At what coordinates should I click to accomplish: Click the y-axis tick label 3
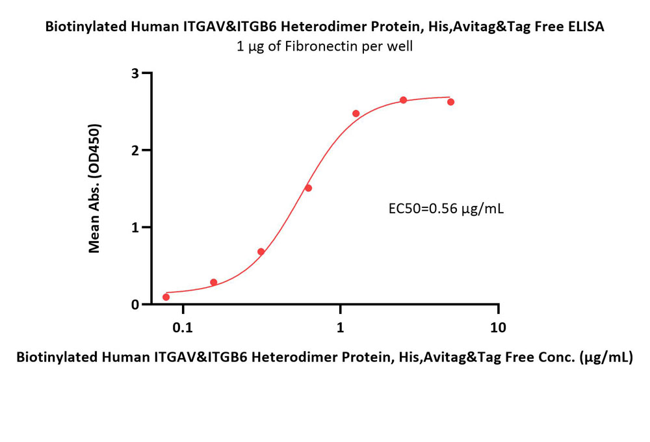135,73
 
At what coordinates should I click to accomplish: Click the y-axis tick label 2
135,150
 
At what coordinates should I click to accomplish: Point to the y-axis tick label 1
135,227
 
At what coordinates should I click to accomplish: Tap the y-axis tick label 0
135,304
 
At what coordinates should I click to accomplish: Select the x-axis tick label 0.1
183,328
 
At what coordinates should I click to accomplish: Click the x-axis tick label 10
498,328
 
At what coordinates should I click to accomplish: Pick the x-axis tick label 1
341,328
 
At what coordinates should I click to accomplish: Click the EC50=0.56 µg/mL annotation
446,209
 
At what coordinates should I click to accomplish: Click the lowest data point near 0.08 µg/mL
166,297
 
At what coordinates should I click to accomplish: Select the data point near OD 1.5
308,188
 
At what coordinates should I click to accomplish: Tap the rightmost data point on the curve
451,102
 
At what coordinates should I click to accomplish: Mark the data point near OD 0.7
261,252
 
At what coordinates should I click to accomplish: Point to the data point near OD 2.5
356,114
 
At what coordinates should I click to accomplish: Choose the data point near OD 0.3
214,282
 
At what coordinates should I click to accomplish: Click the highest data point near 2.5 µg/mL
404,100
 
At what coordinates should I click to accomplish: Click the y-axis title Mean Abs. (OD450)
94,188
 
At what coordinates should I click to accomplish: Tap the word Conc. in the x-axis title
558,357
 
